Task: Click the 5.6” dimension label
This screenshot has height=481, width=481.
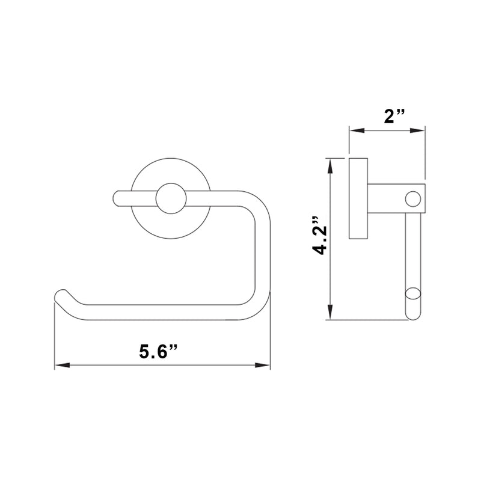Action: click(x=158, y=350)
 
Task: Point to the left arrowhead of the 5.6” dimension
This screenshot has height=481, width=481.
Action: click(x=59, y=365)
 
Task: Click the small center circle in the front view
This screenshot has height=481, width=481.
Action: click(x=171, y=198)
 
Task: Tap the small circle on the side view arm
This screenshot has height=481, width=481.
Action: click(x=413, y=198)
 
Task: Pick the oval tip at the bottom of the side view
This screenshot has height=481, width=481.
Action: click(x=413, y=295)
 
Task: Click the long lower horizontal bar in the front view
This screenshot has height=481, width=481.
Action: click(x=162, y=312)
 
